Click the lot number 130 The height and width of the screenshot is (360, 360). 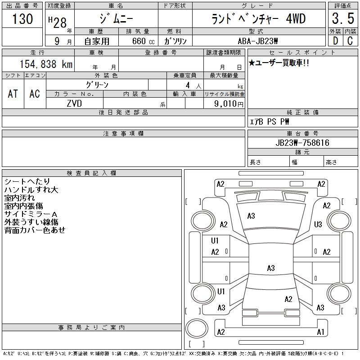[22, 19]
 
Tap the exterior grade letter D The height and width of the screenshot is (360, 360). [335, 41]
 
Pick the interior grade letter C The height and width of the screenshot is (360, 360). [350, 41]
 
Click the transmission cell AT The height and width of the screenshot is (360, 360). [13, 94]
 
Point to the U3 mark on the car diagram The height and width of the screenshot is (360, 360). [318, 224]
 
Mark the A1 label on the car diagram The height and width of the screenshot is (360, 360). [320, 332]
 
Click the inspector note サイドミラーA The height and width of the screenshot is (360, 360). [30, 214]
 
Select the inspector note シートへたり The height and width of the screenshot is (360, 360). [27, 181]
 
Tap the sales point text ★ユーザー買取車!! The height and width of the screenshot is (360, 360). [279, 63]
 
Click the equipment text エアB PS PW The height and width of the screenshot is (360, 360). [270, 121]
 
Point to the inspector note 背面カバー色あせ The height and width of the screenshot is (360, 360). [35, 230]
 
